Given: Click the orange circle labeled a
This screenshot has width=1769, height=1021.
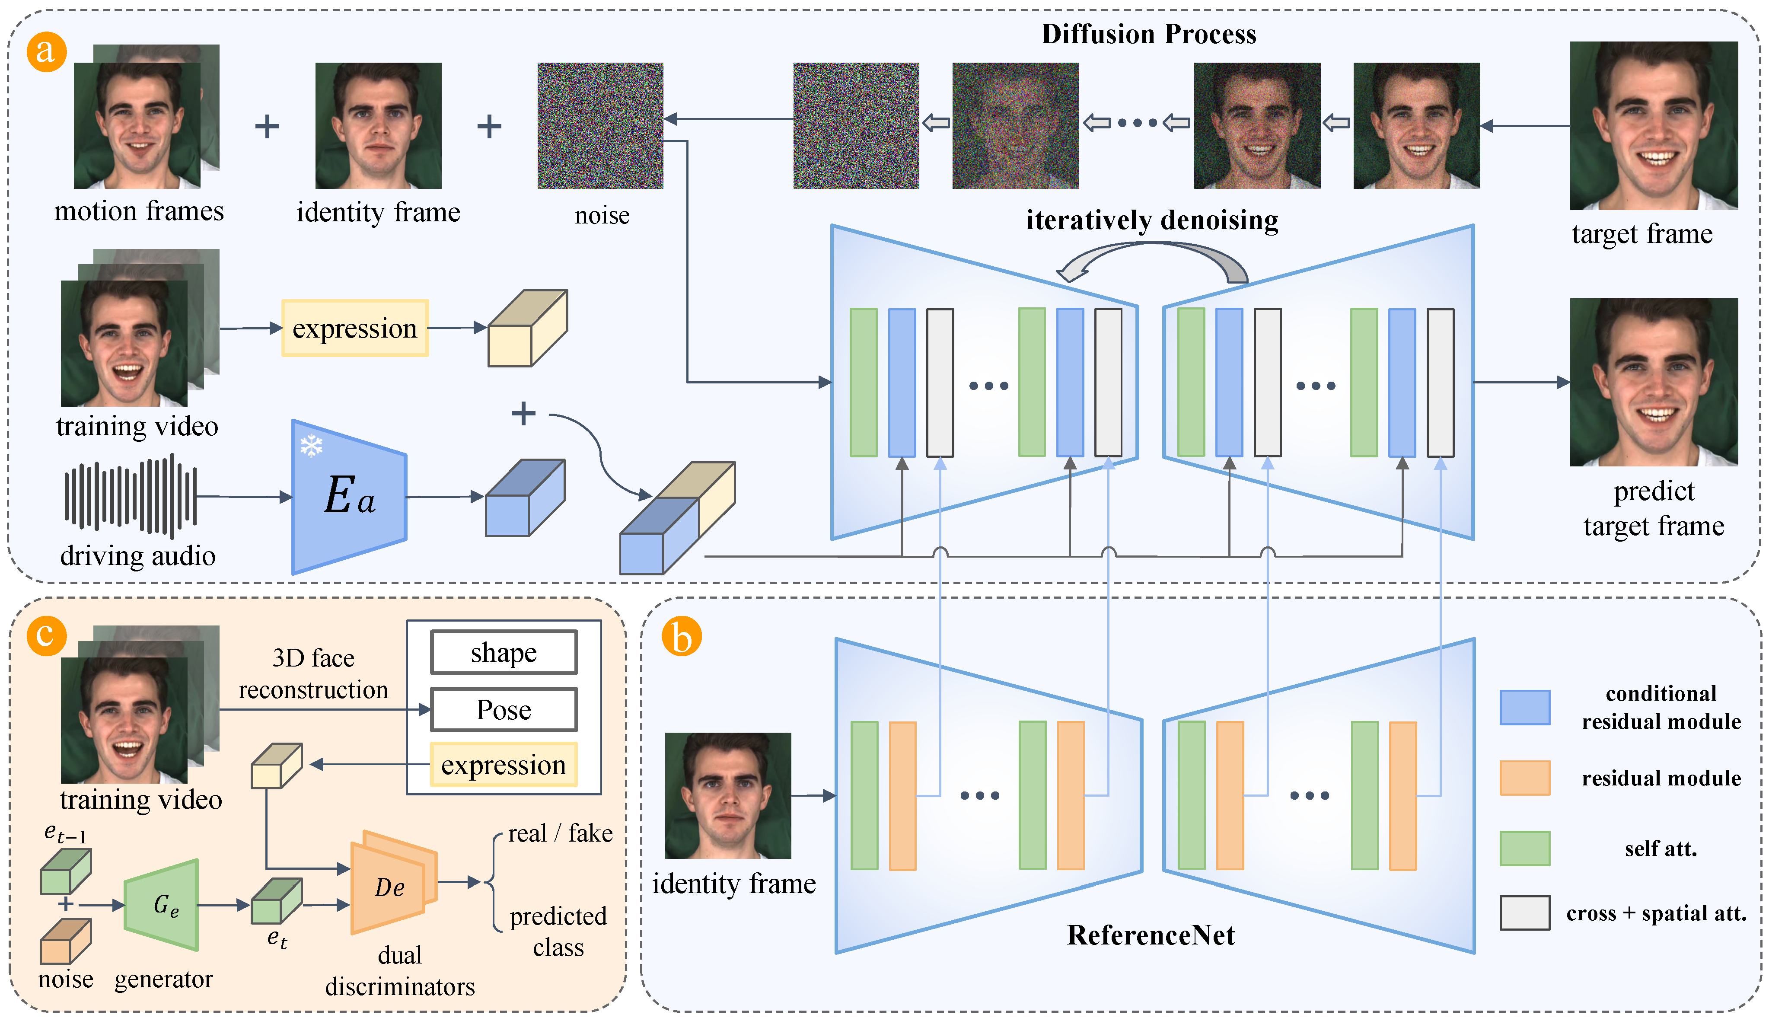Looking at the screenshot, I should coord(46,52).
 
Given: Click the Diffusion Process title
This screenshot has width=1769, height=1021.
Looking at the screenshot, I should coord(1148,34).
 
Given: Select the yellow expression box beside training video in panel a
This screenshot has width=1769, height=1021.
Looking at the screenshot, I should coord(355,328).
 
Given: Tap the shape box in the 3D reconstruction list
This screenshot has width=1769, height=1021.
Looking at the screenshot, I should coord(504,653).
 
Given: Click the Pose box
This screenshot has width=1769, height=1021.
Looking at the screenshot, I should coord(504,710).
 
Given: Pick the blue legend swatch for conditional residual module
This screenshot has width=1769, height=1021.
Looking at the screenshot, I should coord(1524,707).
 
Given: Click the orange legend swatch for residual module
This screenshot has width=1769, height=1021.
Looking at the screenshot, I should coord(1524,778).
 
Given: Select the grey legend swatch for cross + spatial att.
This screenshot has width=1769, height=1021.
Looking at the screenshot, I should coord(1524,913).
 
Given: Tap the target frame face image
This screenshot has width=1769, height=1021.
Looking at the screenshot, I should coord(1653,126).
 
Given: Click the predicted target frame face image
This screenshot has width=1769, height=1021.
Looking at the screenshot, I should coord(1653,382).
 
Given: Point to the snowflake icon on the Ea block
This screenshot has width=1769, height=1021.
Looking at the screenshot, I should coord(311,445).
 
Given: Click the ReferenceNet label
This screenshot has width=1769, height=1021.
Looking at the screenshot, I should coord(1150,935).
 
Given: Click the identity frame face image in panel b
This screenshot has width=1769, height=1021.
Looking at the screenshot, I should coord(728,795).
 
